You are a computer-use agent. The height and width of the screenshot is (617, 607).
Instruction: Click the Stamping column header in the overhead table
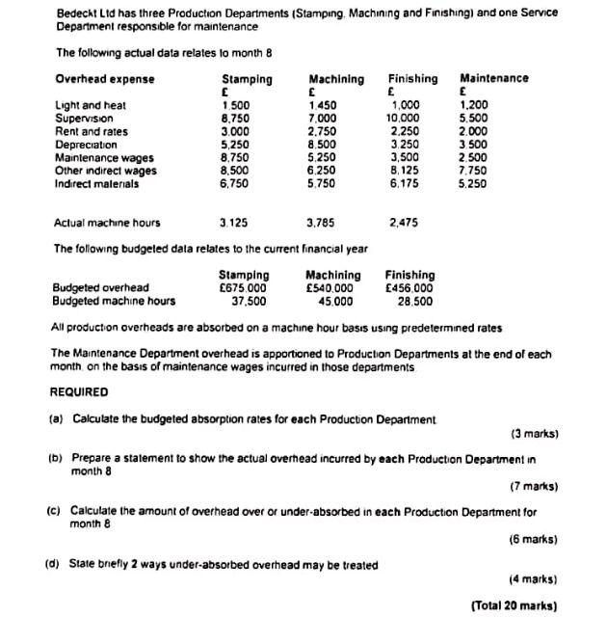(247, 78)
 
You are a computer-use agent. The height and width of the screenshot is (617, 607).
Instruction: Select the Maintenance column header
(493, 78)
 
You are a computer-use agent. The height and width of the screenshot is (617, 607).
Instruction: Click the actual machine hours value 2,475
(406, 223)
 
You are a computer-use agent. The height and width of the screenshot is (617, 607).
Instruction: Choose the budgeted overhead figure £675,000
(243, 287)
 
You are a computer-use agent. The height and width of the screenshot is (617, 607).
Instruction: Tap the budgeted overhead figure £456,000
(409, 287)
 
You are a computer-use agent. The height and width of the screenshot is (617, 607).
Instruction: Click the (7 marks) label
(534, 486)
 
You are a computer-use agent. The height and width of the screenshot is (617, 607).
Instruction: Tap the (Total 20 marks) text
(515, 605)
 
